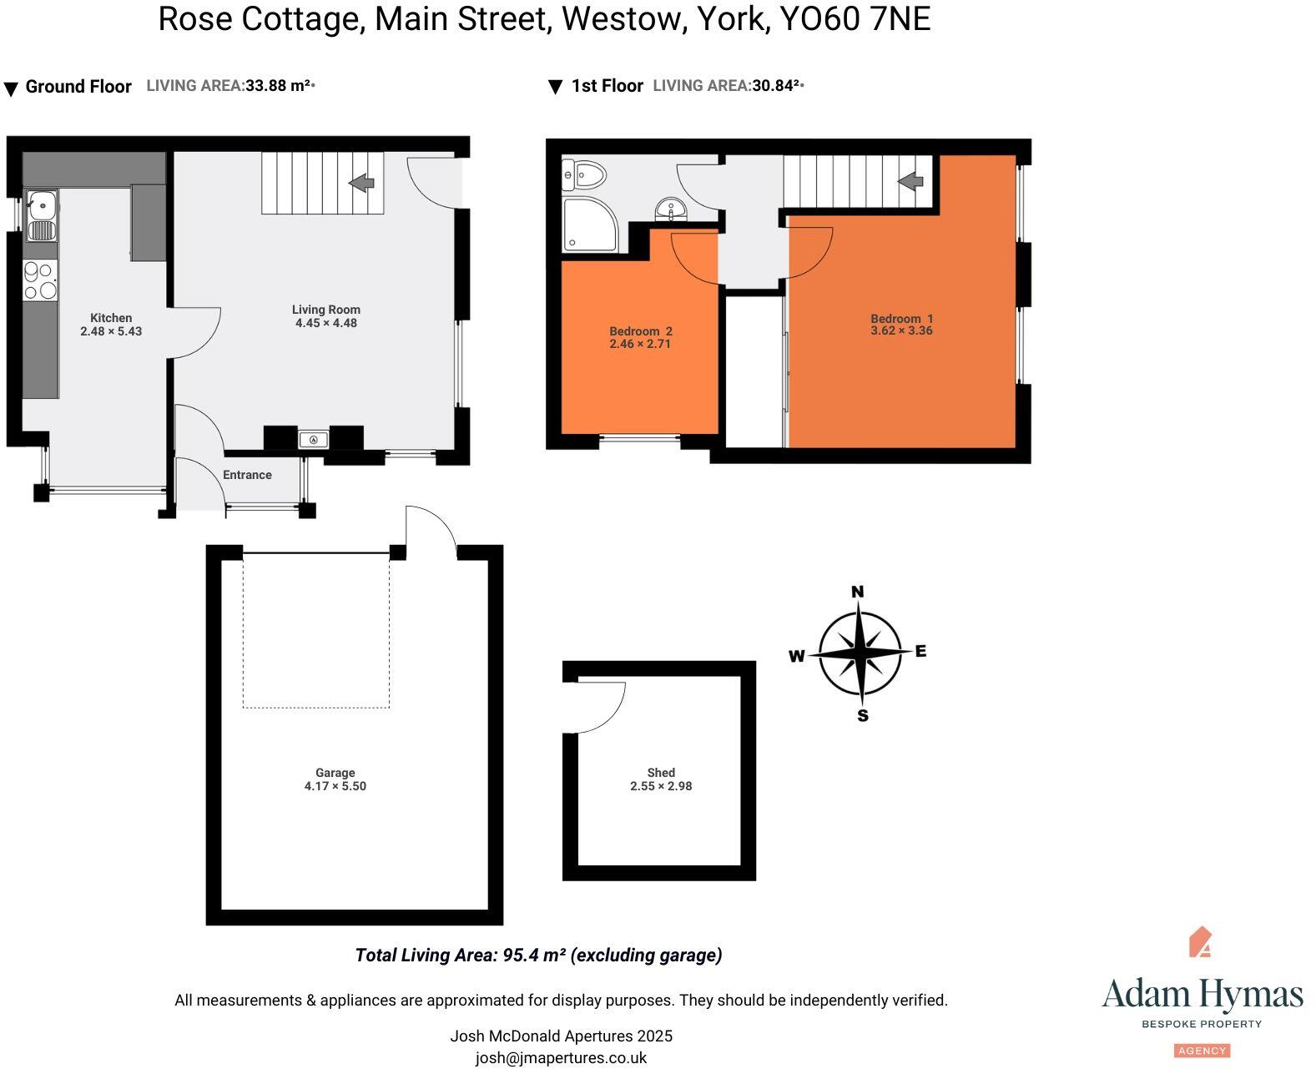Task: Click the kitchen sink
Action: (42, 215)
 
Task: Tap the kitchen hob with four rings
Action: (40, 280)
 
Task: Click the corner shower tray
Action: (590, 224)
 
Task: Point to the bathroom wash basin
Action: (670, 209)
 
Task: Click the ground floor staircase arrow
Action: (361, 182)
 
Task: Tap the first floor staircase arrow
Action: (910, 180)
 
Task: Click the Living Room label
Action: (325, 310)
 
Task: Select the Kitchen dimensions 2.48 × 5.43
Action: (111, 331)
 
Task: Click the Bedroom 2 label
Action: (640, 331)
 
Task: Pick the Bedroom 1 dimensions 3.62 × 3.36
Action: (901, 330)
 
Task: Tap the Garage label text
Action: (335, 773)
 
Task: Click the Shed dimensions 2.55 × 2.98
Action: (661, 786)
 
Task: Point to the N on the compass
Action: (857, 592)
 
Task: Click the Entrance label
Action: (247, 475)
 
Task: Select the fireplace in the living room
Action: (314, 439)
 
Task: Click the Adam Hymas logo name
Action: (1202, 995)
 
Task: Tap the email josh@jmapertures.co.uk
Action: (561, 1057)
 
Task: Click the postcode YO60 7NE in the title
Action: (855, 19)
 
